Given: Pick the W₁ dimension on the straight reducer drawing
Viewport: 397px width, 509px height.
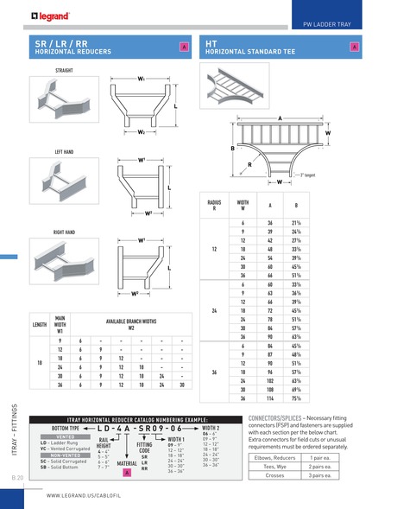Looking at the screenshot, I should (x=140, y=79).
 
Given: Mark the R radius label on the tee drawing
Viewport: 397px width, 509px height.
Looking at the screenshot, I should (x=249, y=163).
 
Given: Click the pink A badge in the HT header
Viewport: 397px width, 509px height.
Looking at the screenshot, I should (x=355, y=46).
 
